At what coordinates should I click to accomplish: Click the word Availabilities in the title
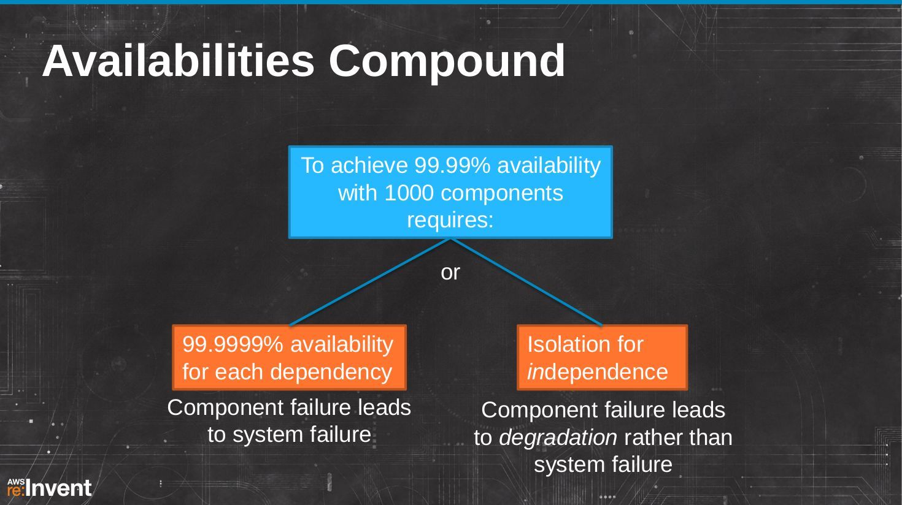(x=178, y=61)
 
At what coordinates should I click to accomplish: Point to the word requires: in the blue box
(x=450, y=221)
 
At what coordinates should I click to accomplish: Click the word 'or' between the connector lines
(x=450, y=273)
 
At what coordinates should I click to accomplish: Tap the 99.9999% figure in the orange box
(x=233, y=344)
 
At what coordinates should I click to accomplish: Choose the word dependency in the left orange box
(x=331, y=372)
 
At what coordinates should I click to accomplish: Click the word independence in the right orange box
(x=598, y=372)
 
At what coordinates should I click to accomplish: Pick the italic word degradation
(x=558, y=438)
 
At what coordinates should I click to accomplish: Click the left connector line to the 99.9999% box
(x=369, y=282)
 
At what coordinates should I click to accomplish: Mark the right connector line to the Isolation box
(x=526, y=282)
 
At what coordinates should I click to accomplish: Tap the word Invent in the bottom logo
(x=61, y=488)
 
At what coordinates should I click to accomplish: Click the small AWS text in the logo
(x=16, y=482)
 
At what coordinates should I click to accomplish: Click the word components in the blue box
(x=502, y=194)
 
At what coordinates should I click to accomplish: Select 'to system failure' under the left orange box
(x=289, y=435)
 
